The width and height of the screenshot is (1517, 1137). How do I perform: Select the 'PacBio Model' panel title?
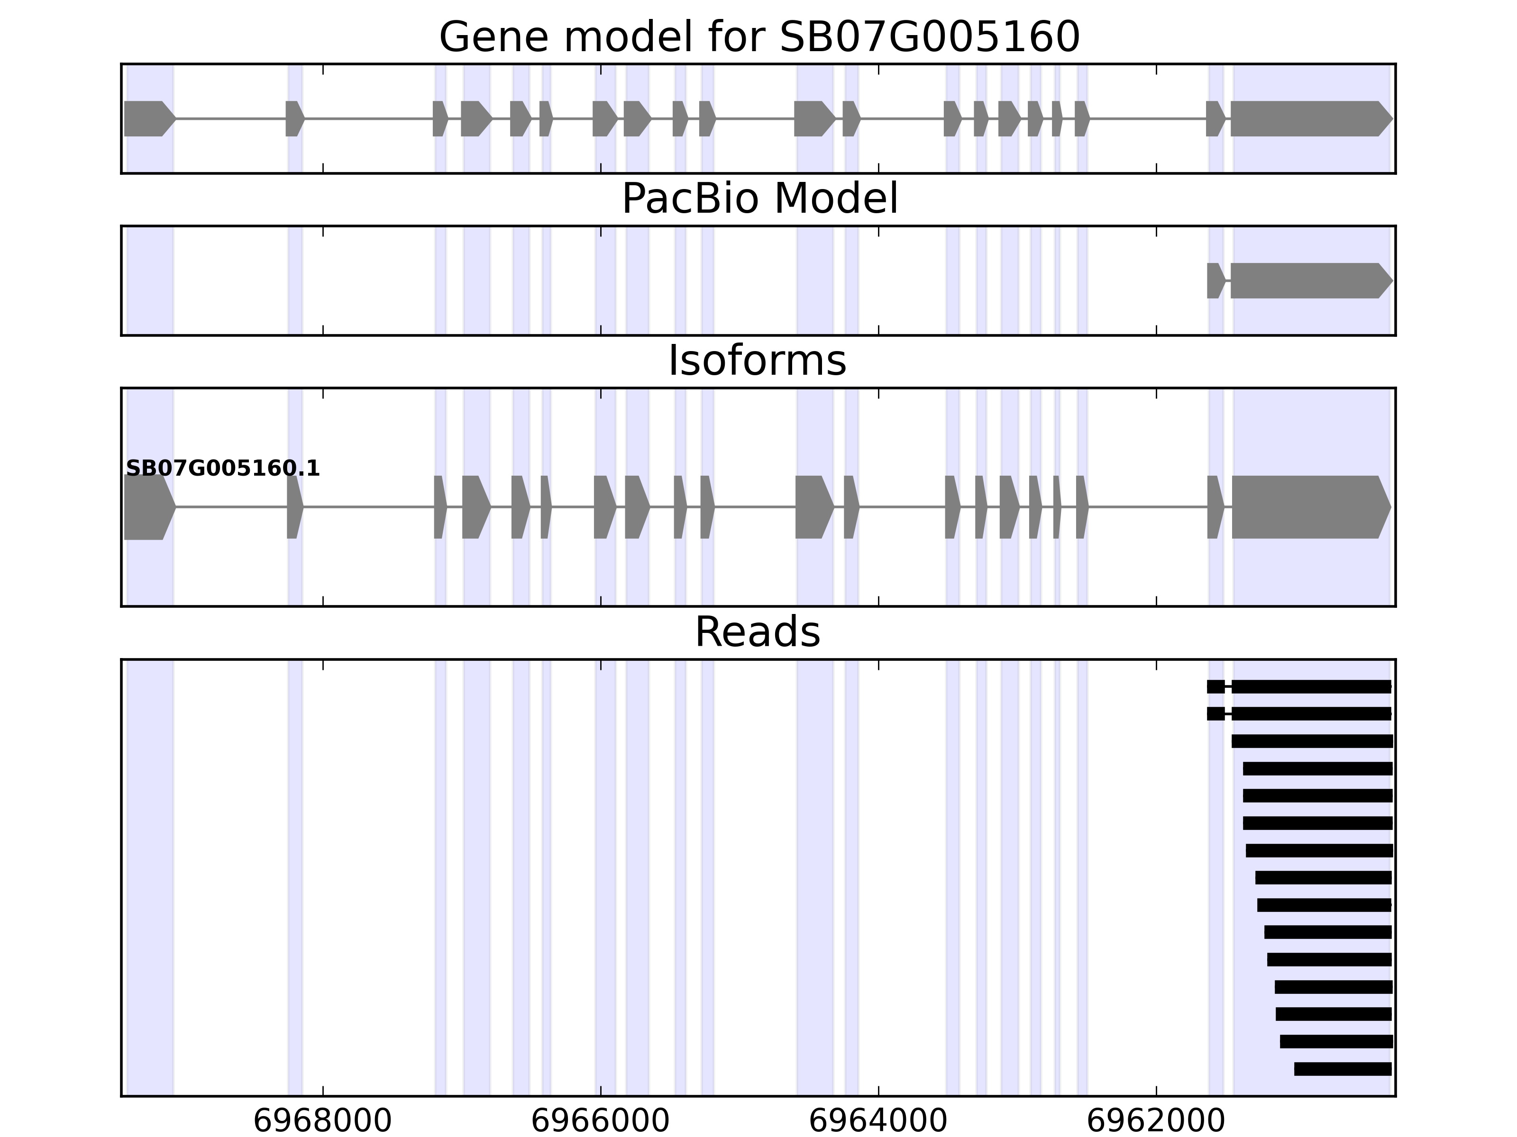[759, 199]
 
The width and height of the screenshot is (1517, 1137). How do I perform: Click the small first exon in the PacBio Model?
[1215, 281]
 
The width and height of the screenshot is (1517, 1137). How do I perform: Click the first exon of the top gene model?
[147, 118]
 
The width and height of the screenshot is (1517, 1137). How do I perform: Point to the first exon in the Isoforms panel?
[147, 507]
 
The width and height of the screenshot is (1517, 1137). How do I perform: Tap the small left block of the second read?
[1215, 713]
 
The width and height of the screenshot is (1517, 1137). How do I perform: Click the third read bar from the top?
[1311, 741]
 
